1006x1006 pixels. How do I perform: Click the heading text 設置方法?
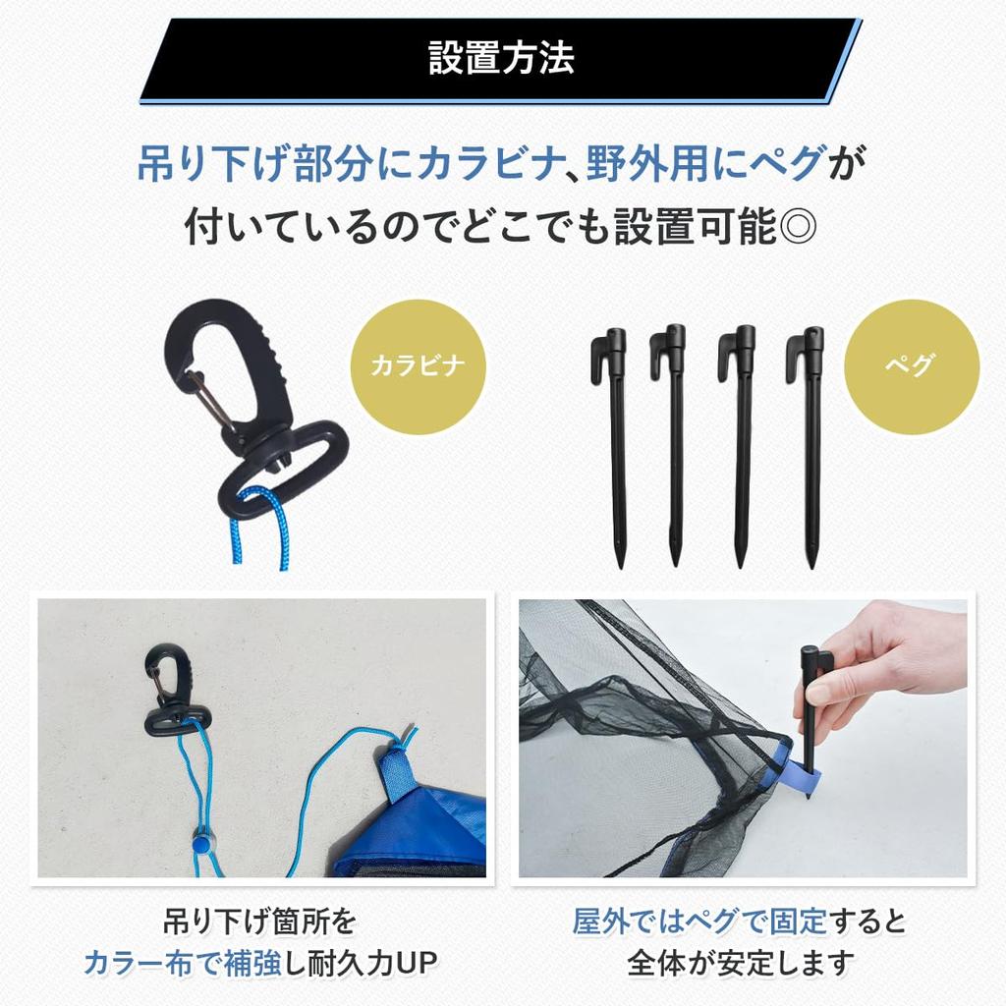501,59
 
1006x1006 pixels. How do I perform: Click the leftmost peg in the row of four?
615,442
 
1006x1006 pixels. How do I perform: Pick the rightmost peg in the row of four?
811,442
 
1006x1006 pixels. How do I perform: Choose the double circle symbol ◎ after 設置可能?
796,228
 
